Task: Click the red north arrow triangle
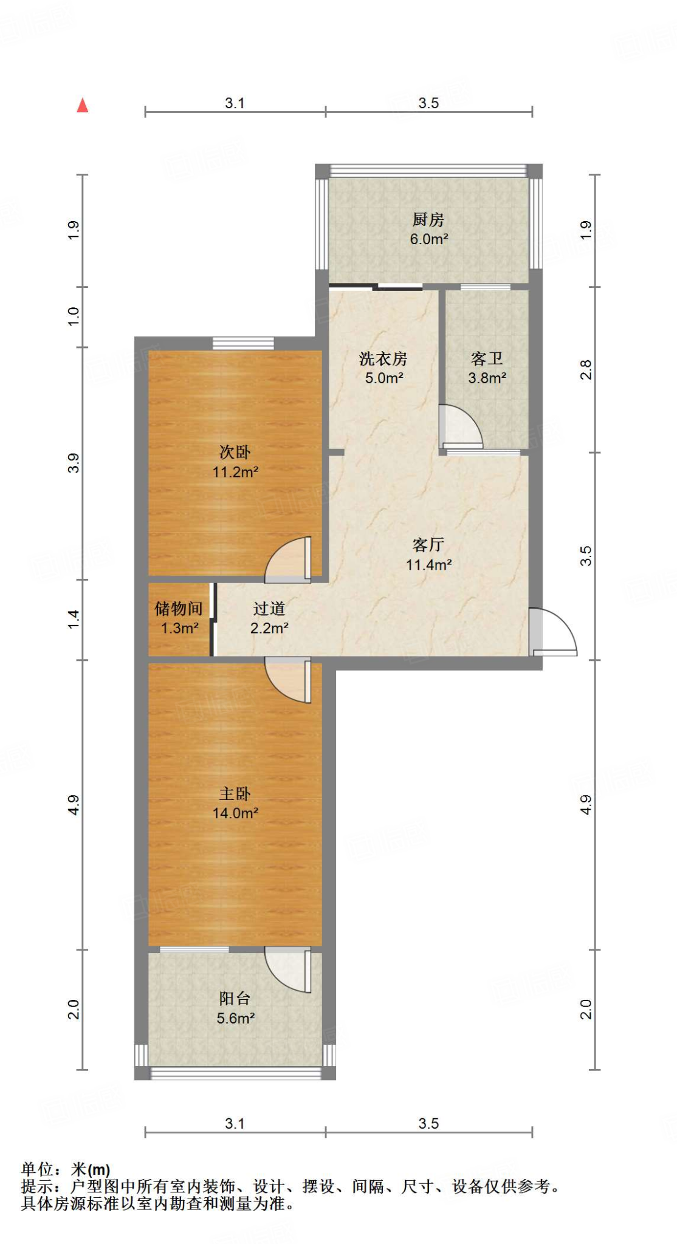point(83,106)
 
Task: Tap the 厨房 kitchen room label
point(428,219)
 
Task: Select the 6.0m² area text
point(428,239)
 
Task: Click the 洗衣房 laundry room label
point(383,358)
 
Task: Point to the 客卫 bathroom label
point(487,358)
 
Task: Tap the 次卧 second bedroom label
point(235,452)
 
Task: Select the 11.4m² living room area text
point(428,565)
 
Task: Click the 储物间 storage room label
point(179,608)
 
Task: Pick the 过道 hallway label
point(269,608)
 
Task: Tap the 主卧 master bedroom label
point(235,793)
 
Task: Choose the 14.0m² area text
point(235,813)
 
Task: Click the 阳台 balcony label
point(235,998)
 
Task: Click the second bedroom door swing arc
point(287,559)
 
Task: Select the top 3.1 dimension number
point(235,103)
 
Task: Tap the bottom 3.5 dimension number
point(428,1124)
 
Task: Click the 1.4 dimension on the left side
point(74,620)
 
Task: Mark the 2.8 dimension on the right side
point(586,369)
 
